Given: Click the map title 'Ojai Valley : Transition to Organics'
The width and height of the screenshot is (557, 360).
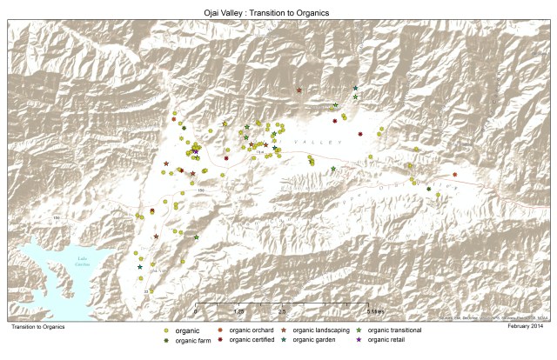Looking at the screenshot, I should (x=278, y=12).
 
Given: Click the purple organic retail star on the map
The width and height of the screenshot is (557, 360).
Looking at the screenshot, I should (x=196, y=152).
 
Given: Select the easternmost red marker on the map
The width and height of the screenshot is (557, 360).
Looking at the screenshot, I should (x=454, y=175).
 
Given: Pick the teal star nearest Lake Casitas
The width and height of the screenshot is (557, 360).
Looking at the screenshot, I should (x=140, y=267).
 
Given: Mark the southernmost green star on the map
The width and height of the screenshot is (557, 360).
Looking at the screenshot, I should (x=197, y=237).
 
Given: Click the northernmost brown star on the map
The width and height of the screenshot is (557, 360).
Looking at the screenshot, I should (x=299, y=90).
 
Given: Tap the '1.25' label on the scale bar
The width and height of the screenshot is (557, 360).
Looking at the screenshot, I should (x=238, y=310).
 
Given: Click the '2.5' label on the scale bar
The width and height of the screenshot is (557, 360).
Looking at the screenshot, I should (x=281, y=310).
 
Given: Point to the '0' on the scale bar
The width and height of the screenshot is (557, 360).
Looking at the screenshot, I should (x=196, y=310).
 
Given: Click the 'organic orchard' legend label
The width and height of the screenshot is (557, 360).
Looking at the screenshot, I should (x=252, y=330).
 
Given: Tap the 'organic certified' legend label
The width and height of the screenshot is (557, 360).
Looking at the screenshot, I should (x=252, y=340).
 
